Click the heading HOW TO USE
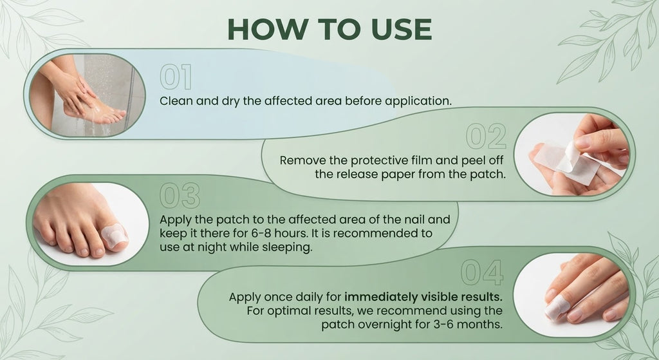click(x=329, y=29)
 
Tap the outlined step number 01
click(x=176, y=77)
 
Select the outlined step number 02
click(x=486, y=137)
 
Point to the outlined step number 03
click(x=180, y=196)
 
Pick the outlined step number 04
click(x=481, y=272)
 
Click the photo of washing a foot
click(x=88, y=95)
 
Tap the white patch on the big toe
click(x=115, y=234)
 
